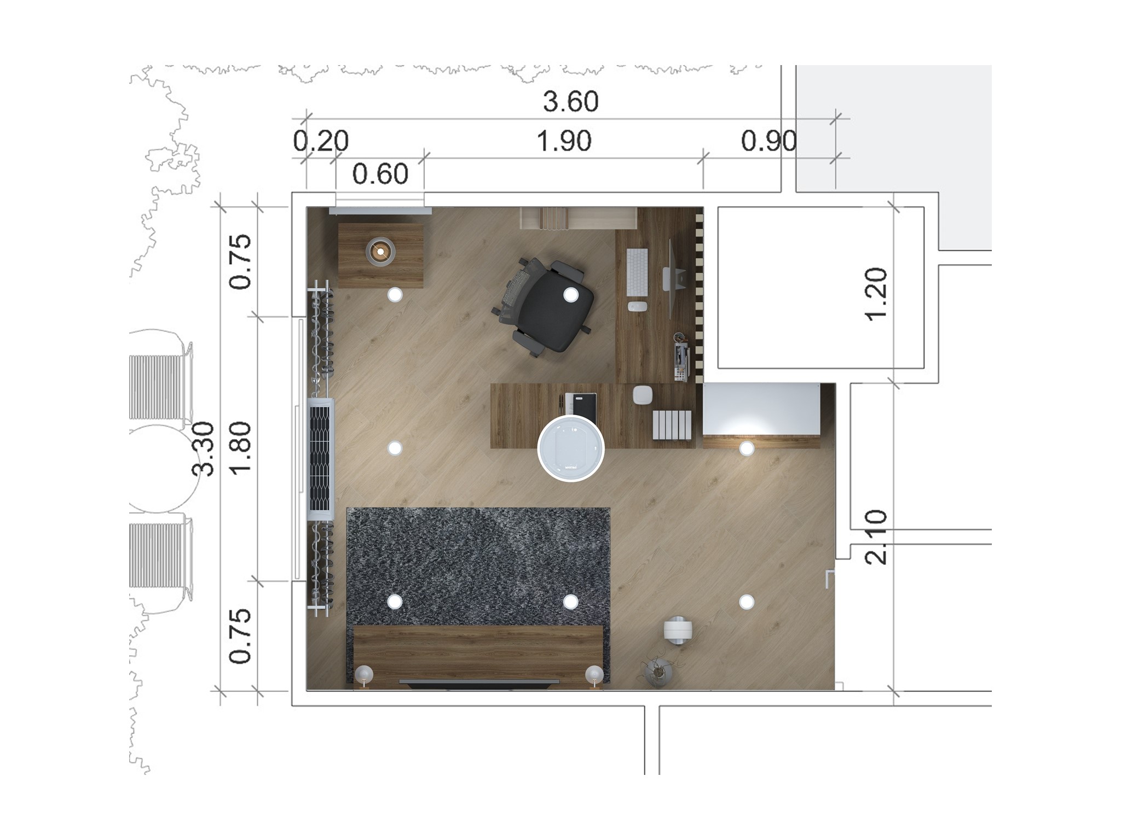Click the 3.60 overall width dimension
pyautogui.click(x=570, y=102)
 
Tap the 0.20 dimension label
pyautogui.click(x=321, y=141)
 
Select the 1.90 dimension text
pyautogui.click(x=564, y=141)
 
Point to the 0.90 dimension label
pyautogui.click(x=768, y=141)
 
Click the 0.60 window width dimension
pyautogui.click(x=380, y=174)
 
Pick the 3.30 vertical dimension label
pyautogui.click(x=205, y=448)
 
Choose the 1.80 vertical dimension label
pyautogui.click(x=240, y=448)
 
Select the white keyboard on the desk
pyautogui.click(x=637, y=272)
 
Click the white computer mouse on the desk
pyautogui.click(x=636, y=307)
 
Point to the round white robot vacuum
pyautogui.click(x=571, y=448)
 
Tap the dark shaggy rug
pyautogui.click(x=478, y=566)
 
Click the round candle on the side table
pyautogui.click(x=380, y=252)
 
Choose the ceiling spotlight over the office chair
pyautogui.click(x=571, y=295)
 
